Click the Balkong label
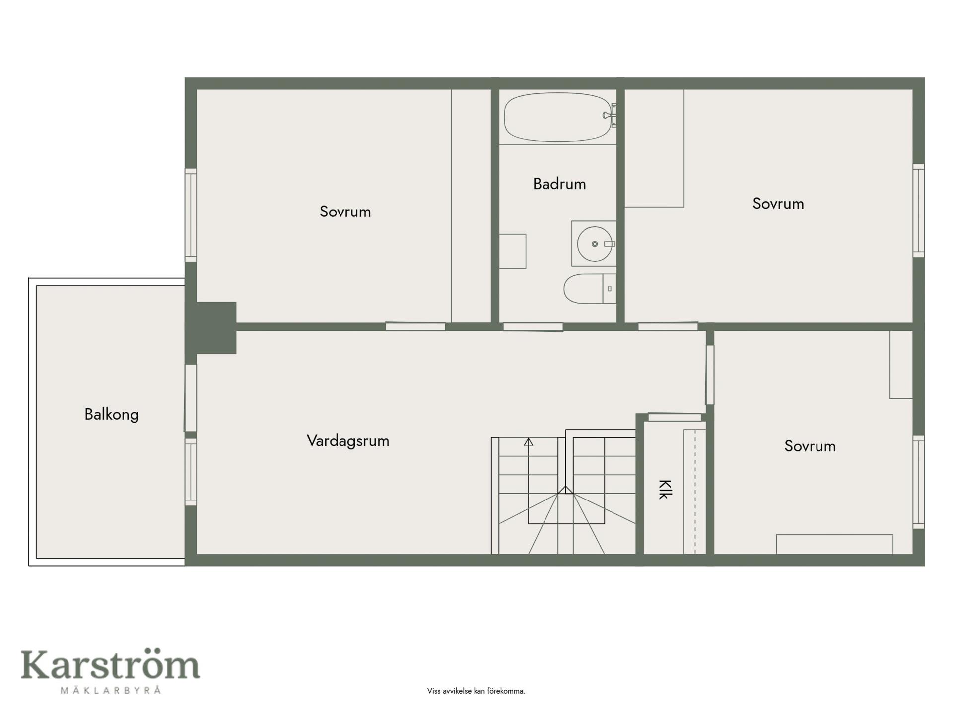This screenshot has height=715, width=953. [112, 414]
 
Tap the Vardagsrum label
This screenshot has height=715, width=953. [348, 441]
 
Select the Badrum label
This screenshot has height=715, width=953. [559, 184]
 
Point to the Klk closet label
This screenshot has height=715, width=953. [665, 489]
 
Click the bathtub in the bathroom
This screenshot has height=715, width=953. [558, 117]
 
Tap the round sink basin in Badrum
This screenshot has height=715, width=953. [594, 244]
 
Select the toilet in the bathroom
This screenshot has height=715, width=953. [590, 288]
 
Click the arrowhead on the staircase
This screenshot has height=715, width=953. [529, 441]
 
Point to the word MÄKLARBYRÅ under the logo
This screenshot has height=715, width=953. [111, 690]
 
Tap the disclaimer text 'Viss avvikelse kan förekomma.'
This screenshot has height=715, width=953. [476, 691]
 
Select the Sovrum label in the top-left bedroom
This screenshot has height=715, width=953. [345, 212]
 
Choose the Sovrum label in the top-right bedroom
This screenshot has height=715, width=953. [778, 204]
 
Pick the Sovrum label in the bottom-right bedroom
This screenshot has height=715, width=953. [810, 446]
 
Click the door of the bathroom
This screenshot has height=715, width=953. [533, 327]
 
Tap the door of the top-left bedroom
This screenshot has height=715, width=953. [415, 326]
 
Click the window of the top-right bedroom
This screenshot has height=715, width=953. [919, 211]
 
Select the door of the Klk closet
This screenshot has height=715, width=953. [675, 417]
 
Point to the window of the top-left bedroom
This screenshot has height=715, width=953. [191, 215]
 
